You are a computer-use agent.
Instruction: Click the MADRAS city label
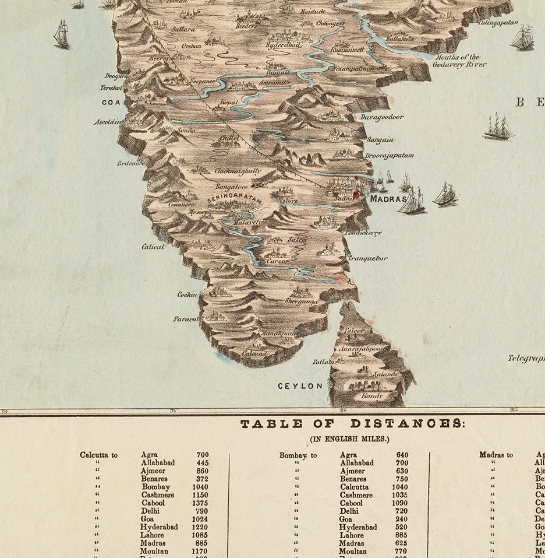point(388,199)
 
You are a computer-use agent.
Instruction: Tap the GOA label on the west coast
point(111,101)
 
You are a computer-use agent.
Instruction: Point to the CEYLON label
point(300,386)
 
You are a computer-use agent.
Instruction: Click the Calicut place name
point(154,247)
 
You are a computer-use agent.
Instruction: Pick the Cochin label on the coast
point(187,294)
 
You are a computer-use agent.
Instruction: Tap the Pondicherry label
point(362,233)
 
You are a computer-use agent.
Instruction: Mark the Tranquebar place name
point(367,258)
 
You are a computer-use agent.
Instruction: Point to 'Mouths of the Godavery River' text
point(456,61)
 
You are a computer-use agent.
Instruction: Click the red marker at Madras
point(354,195)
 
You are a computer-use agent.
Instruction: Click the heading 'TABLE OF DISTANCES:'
point(353,424)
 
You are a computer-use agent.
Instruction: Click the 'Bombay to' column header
point(298,455)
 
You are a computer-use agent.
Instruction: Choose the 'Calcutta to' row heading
point(99,455)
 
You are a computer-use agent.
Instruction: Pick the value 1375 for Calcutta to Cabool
point(202,503)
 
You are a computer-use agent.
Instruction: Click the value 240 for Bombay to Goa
point(402,519)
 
